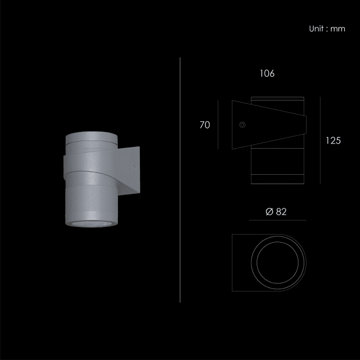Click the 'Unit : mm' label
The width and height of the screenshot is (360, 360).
coord(327,28)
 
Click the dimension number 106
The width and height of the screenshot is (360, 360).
coord(267,74)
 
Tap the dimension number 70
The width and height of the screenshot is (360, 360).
coord(204,125)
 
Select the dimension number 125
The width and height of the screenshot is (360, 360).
coord(333,141)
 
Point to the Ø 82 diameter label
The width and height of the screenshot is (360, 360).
coord(276,212)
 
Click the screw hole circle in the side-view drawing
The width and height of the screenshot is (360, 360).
coord(242,125)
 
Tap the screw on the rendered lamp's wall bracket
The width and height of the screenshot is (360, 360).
coord(134,168)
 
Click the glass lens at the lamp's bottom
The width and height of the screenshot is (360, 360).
coord(92,224)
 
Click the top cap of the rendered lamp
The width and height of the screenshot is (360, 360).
coord(92,137)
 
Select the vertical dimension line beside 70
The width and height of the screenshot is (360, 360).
coord(218,125)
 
